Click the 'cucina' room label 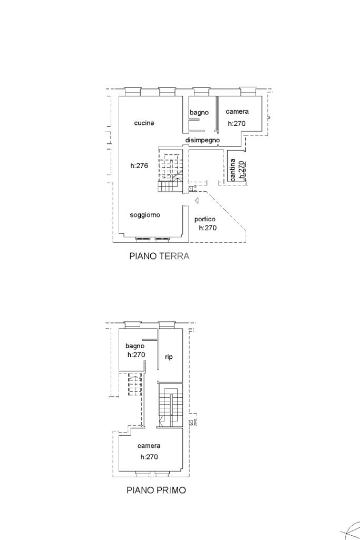[x=144, y=123]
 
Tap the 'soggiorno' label [x=145, y=215]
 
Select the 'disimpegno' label [x=202, y=140]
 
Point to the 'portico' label [x=205, y=219]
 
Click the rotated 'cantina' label [x=233, y=170]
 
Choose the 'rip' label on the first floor [x=169, y=357]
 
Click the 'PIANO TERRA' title [x=159, y=256]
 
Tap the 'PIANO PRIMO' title [x=157, y=490]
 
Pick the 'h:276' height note [x=139, y=165]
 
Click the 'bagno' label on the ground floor [x=199, y=113]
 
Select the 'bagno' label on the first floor [x=135, y=346]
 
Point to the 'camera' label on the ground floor [x=237, y=112]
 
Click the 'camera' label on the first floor [x=149, y=446]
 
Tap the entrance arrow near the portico [x=197, y=200]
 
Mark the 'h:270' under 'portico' [x=208, y=228]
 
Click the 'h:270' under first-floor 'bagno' [x=136, y=355]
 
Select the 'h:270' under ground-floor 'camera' [x=237, y=123]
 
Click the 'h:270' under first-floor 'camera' [x=149, y=457]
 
